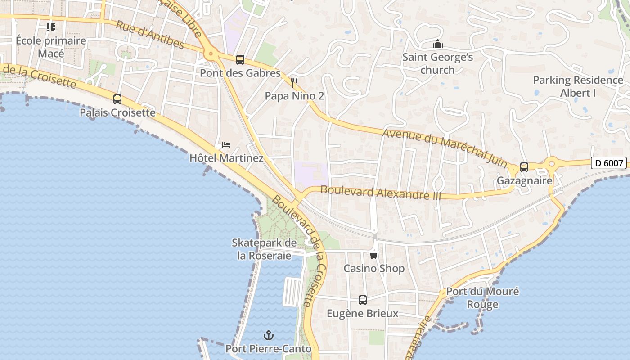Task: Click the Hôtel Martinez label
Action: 226,158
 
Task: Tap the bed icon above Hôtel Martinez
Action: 226,145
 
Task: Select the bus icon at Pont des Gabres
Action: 240,59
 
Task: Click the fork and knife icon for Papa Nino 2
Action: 294,82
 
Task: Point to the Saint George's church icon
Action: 437,44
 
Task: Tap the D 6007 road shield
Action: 609,163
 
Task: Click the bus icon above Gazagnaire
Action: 524,167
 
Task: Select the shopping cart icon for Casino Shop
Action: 373,255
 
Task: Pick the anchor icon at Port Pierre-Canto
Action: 269,335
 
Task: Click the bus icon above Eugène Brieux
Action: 363,300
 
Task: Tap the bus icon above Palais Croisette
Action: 117,99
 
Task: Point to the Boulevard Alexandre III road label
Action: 381,193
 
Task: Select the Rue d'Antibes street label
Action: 150,34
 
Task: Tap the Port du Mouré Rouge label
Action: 482,298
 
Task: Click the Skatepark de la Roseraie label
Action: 264,249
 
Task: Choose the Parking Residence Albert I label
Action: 578,86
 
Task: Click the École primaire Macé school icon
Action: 51,27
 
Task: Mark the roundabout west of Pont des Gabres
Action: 211,54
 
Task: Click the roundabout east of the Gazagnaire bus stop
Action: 551,162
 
